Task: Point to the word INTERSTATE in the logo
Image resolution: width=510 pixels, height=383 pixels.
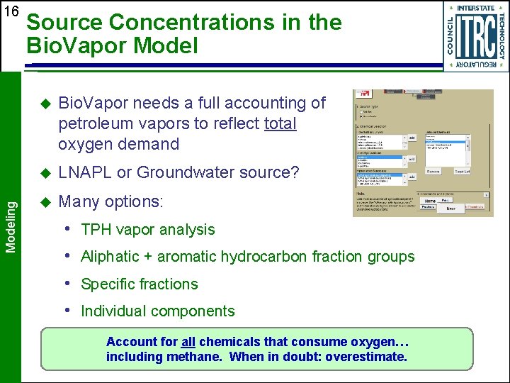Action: point(475,8)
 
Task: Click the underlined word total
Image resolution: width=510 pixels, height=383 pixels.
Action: point(280,123)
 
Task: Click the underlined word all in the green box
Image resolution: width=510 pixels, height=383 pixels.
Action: point(188,342)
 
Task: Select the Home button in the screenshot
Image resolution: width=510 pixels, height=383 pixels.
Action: point(429,201)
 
